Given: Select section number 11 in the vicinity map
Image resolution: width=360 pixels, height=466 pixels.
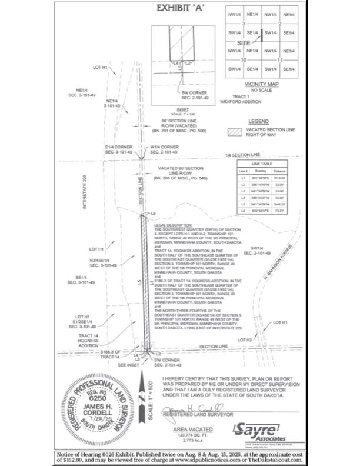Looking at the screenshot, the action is (279, 60).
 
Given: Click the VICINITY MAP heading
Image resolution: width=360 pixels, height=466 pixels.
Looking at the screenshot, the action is (261, 85).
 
